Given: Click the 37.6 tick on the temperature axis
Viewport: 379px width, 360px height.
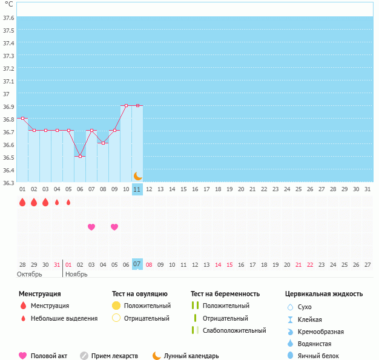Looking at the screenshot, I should pos(8,18).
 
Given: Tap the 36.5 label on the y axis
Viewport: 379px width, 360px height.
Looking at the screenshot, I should pos(8,157).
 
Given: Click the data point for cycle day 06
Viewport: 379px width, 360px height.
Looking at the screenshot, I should pos(80,156).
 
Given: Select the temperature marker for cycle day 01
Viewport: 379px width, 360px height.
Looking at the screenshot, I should pos(22,119).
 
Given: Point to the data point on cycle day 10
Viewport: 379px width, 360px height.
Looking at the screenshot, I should pos(126,105).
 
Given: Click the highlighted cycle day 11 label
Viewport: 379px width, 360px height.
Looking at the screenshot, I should pos(137,189).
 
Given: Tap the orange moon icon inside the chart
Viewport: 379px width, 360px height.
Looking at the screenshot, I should pos(138,176).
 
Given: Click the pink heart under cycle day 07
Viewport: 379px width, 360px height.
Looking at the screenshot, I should pos(91,227).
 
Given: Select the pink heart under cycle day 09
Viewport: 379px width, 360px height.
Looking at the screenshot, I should pos(114,227).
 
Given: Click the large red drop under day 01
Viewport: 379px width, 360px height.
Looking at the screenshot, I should pos(22,202).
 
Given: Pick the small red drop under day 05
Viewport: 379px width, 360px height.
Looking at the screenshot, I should pos(68,202).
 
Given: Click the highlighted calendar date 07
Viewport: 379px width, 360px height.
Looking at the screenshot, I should pos(137,264).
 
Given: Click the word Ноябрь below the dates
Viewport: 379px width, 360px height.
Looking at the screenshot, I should pos(76,274).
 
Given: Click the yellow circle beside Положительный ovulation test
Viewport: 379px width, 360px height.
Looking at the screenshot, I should pos(117,306).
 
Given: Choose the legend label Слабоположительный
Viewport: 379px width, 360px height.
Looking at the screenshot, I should pos(234,330).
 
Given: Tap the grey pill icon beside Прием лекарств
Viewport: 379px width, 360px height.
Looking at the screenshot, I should pos(84,356).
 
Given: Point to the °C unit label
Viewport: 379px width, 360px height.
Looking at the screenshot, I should pos(8,4).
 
